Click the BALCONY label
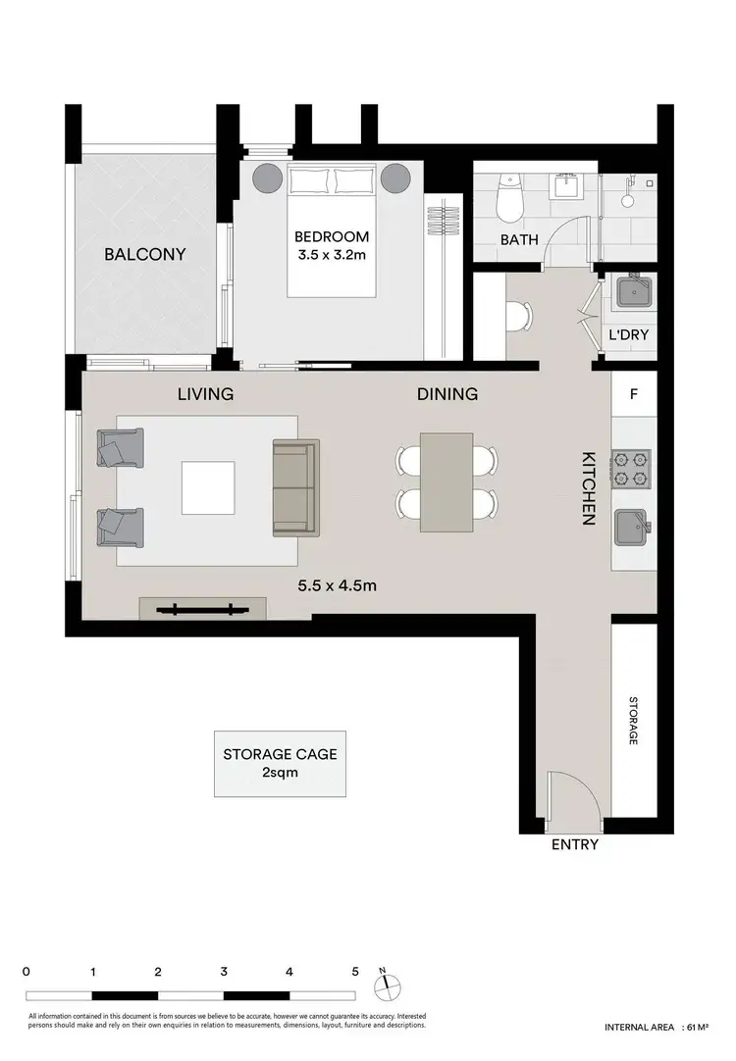click(x=145, y=255)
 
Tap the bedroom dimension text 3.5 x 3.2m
click(x=332, y=256)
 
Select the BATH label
click(x=519, y=239)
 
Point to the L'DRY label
click(x=629, y=334)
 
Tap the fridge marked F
click(x=633, y=395)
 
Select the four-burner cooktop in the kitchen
click(x=632, y=469)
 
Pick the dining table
click(x=447, y=482)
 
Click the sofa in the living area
click(x=296, y=487)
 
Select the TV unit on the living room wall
click(x=201, y=609)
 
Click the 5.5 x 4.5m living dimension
click(x=338, y=586)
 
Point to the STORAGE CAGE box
click(x=281, y=763)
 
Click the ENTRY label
click(x=575, y=844)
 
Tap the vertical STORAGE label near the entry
click(x=633, y=722)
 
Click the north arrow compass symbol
click(x=388, y=983)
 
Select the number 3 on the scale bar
click(x=224, y=972)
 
